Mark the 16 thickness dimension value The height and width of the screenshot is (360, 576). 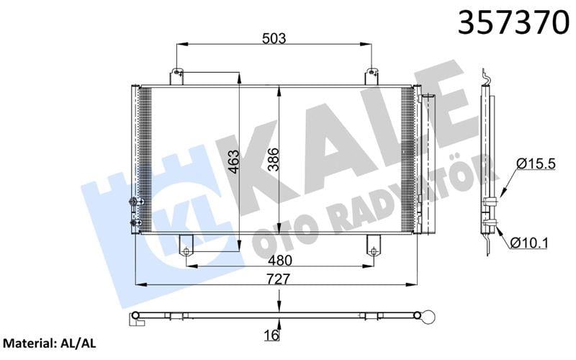271,335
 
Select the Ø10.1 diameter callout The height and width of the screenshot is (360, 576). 529,243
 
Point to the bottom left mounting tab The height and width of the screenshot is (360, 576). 186,246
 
